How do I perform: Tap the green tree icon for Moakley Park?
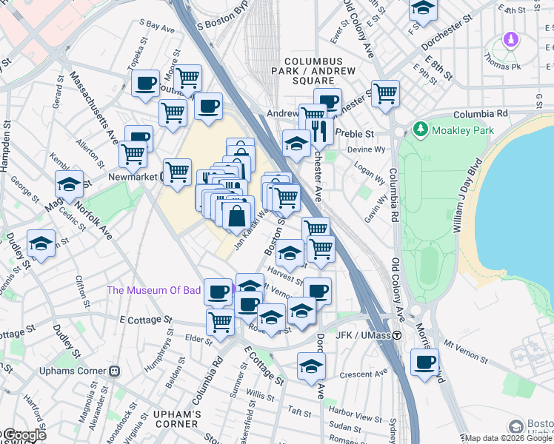click(421, 129)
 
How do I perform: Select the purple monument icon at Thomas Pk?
click(510, 39)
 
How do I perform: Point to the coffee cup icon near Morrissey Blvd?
click(425, 363)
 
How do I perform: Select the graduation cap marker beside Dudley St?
click(41, 243)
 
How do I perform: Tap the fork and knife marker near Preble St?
click(319, 131)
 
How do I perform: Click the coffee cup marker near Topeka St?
click(146, 82)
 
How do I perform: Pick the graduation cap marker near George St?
click(69, 184)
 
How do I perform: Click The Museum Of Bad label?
click(154, 290)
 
